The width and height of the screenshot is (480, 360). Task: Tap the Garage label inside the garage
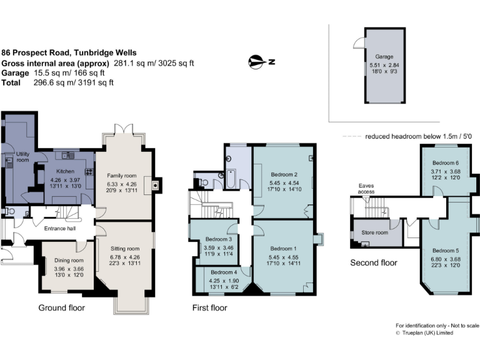(384, 56)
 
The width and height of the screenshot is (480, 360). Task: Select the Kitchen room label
(66, 171)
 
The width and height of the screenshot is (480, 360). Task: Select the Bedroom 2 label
(283, 174)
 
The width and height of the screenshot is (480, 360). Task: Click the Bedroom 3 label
(219, 239)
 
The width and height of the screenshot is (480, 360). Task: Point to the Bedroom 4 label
(223, 272)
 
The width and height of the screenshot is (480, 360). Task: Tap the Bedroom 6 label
(444, 163)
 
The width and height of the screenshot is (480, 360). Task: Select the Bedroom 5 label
(444, 250)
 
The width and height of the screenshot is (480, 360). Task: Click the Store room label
(374, 233)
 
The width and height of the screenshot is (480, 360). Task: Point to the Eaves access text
(366, 189)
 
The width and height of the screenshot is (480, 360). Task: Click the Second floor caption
(373, 263)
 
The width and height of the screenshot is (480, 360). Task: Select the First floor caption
(209, 308)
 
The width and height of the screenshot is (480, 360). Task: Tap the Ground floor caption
(61, 308)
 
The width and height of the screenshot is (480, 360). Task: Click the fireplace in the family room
(154, 184)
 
